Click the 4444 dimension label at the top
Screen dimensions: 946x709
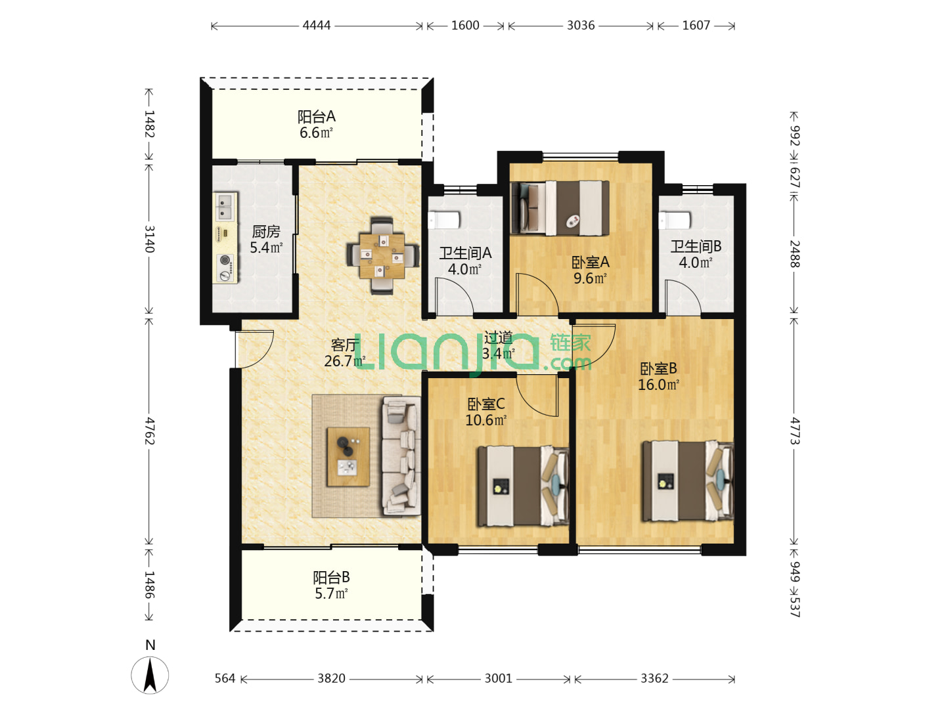click(317, 26)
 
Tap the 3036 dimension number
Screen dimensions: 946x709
click(581, 26)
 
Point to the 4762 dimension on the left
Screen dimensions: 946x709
click(149, 431)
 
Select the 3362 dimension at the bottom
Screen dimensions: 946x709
click(654, 679)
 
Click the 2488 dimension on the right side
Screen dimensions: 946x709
click(794, 254)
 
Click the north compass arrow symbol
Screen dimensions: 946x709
click(150, 675)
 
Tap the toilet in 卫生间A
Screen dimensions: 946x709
click(444, 219)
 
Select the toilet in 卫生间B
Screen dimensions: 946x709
click(675, 220)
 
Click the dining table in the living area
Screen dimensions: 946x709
click(382, 256)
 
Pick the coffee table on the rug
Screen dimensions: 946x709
click(348, 457)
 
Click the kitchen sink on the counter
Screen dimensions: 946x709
click(225, 205)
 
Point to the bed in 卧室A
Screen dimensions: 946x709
click(560, 208)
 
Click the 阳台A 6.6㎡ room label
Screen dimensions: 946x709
click(317, 125)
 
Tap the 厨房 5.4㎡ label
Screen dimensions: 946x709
click(266, 240)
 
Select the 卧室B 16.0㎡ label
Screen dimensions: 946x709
click(658, 376)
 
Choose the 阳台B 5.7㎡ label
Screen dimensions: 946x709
click(331, 585)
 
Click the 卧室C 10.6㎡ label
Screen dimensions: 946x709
click(485, 412)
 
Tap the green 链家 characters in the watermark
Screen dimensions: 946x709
click(570, 343)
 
